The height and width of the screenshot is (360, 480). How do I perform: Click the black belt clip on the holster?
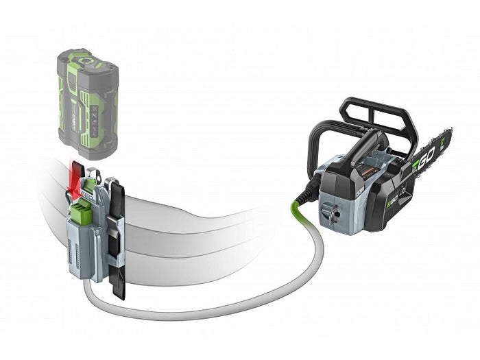tap(117, 240)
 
